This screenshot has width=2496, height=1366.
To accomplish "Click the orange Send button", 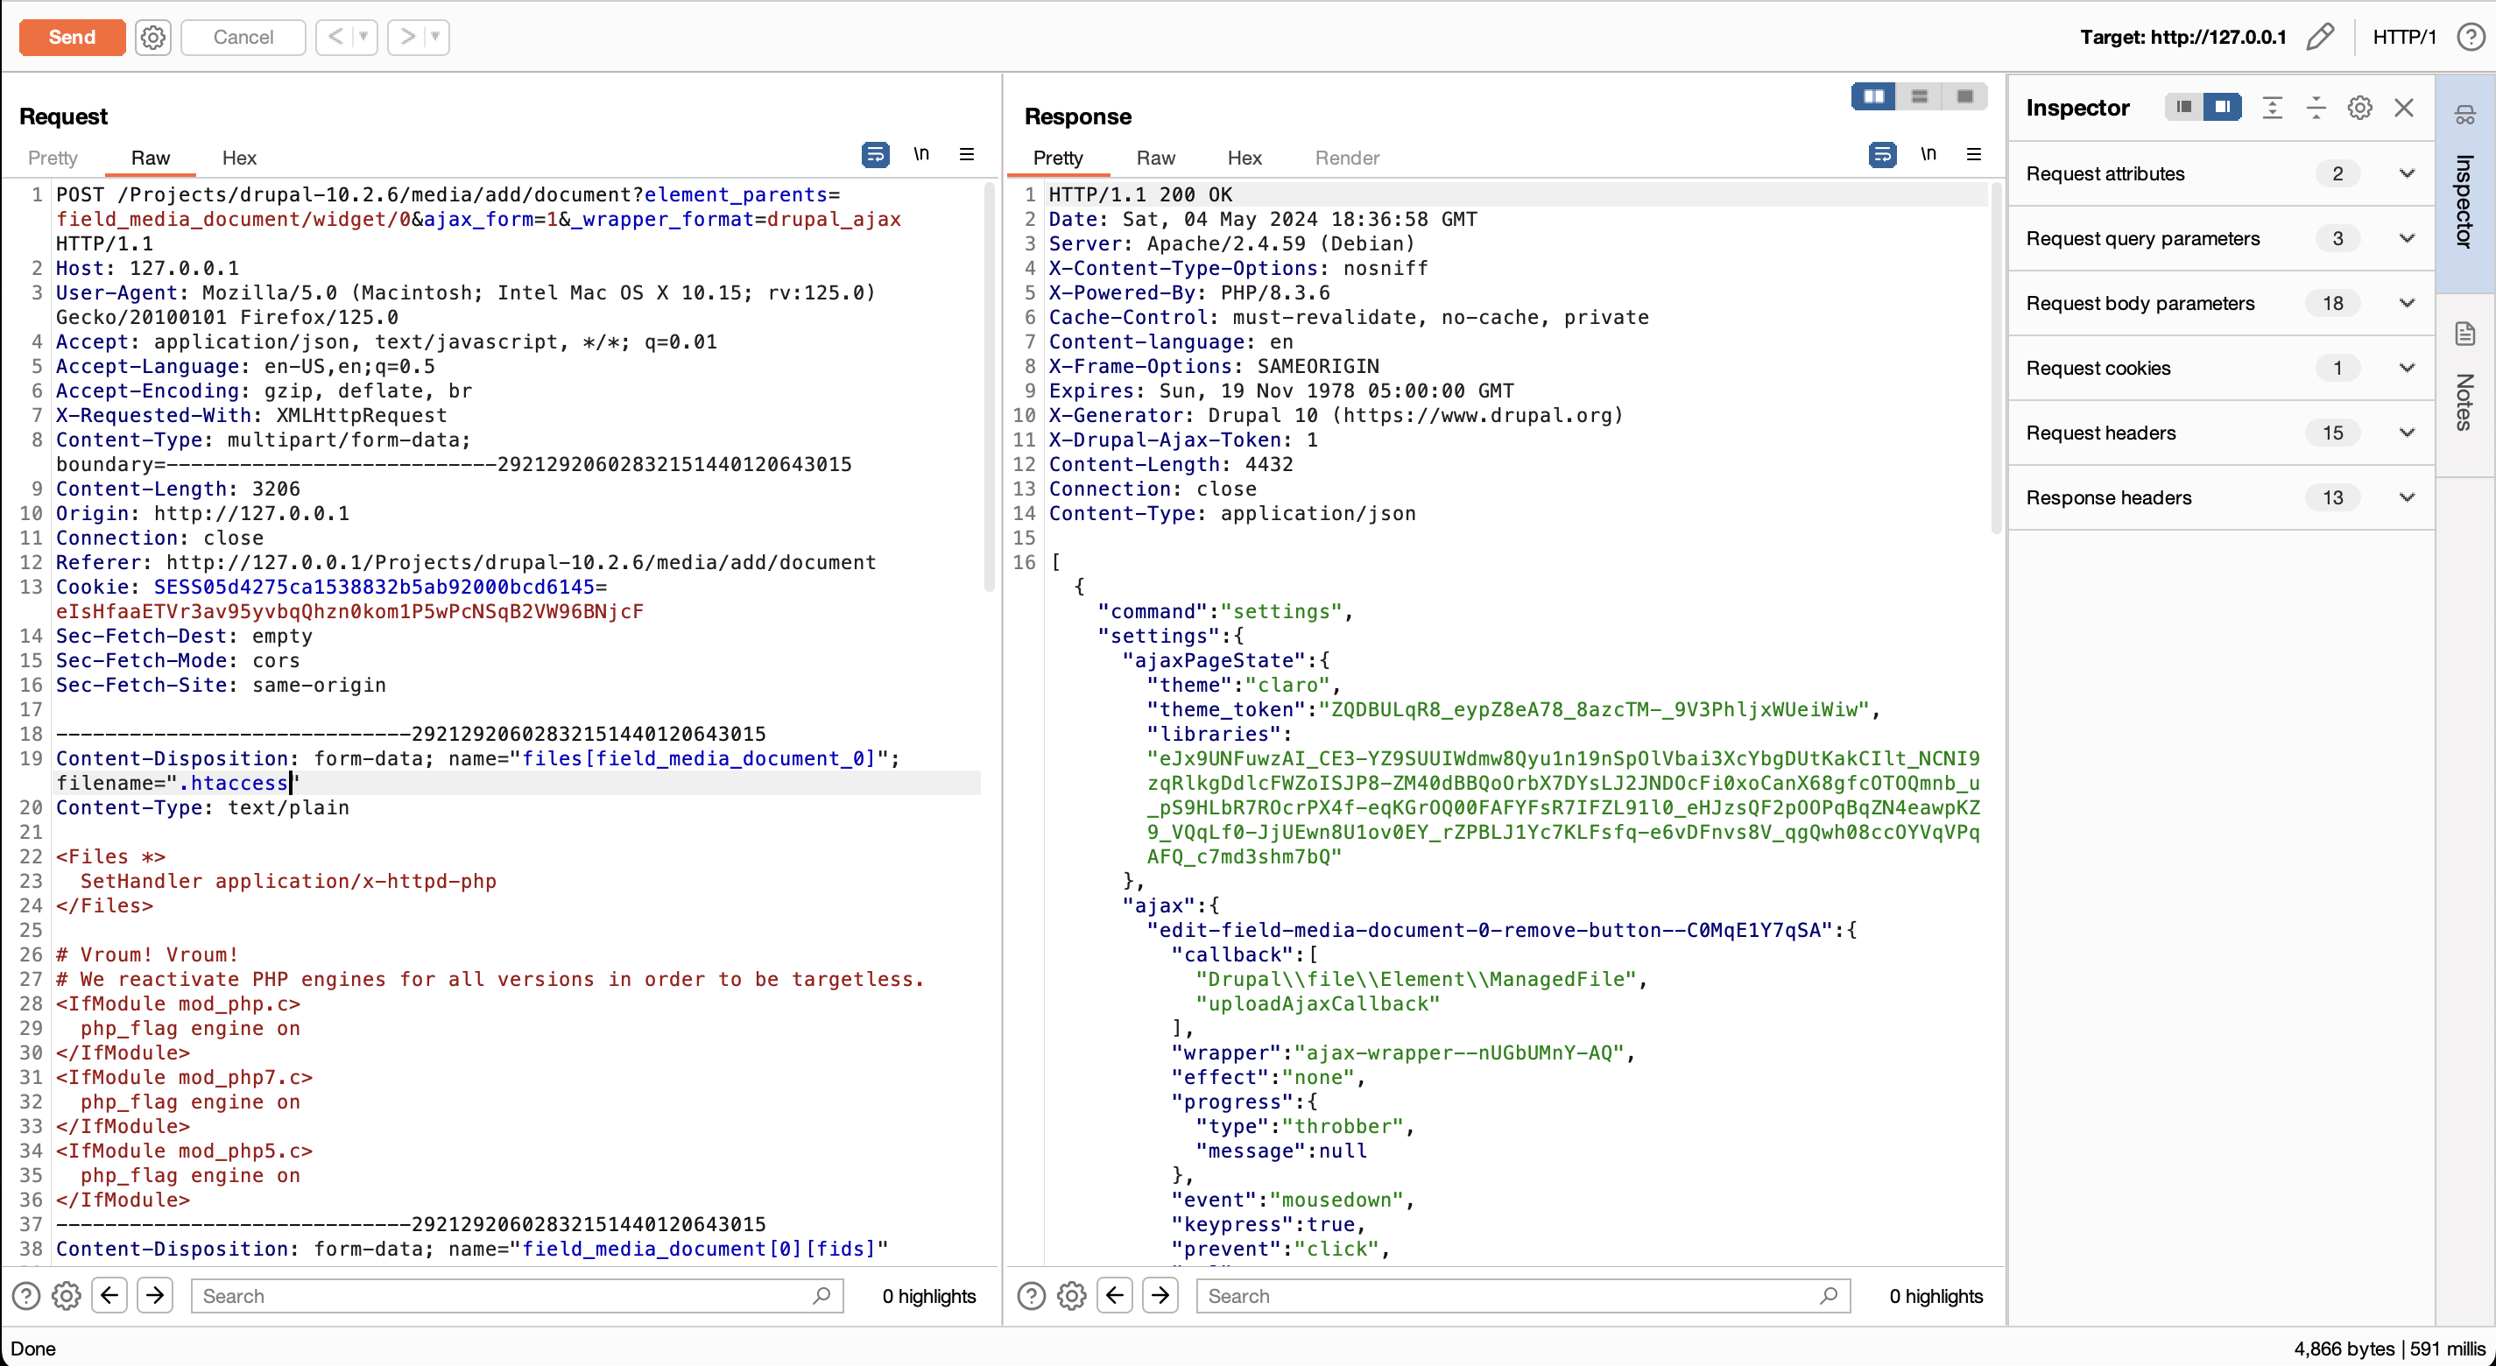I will point(72,37).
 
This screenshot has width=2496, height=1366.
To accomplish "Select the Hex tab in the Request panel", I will point(238,158).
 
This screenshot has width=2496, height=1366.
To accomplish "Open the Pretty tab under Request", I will point(53,158).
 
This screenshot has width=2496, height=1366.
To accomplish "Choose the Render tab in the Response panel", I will point(1346,158).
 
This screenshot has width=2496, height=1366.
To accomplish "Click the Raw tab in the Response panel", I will point(1155,158).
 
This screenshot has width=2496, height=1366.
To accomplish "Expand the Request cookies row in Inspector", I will point(2406,368).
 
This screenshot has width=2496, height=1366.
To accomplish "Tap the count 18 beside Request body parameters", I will point(2332,303).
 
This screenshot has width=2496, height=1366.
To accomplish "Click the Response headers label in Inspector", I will point(2108,498).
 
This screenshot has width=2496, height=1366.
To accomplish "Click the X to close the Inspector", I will point(2403,108).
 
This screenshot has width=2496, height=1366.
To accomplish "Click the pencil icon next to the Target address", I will point(2320,37).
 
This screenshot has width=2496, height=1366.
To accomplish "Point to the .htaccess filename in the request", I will point(234,783).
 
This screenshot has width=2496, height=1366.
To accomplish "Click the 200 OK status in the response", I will point(1195,194).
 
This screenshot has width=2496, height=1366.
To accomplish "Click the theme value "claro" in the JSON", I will point(1286,685).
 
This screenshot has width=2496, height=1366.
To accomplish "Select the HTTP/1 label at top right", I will point(2403,37).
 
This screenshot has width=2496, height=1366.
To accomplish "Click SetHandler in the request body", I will point(142,882).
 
